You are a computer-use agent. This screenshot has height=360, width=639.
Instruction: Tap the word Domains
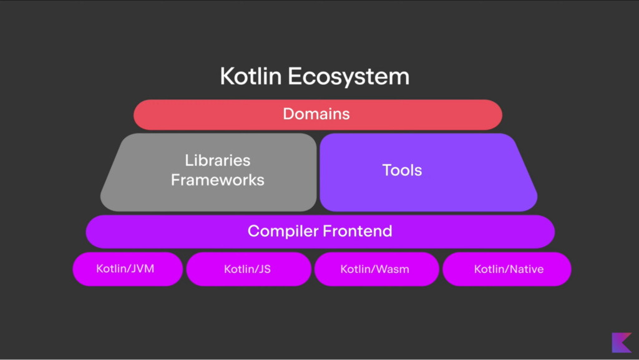pyautogui.click(x=316, y=115)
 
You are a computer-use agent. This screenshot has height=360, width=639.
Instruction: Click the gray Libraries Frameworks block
pyautogui.click(x=144, y=193)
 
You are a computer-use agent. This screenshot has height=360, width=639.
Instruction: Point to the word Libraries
pyautogui.click(x=217, y=160)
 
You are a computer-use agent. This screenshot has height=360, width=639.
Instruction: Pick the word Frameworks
pyautogui.click(x=217, y=180)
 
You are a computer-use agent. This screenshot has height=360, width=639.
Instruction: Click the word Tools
pyautogui.click(x=402, y=170)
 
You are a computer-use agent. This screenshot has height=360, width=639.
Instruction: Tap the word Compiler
pyautogui.click(x=282, y=231)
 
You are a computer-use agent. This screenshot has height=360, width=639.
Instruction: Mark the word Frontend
pyautogui.click(x=357, y=231)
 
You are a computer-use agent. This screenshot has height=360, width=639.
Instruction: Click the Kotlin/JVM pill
pyautogui.click(x=127, y=269)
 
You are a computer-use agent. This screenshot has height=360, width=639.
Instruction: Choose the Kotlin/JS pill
pyautogui.click(x=248, y=270)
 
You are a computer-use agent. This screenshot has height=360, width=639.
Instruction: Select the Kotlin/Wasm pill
pyautogui.click(x=376, y=270)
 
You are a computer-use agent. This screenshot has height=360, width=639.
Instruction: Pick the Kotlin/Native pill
pyautogui.click(x=507, y=270)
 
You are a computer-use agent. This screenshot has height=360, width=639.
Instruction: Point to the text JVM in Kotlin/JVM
pyautogui.click(x=142, y=269)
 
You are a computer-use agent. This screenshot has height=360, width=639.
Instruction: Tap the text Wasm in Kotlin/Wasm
pyautogui.click(x=394, y=270)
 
